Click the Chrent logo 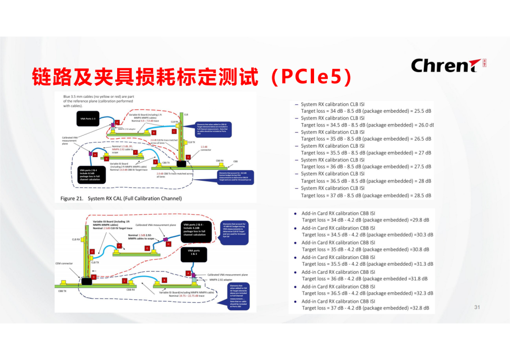(x=442, y=65)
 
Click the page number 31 (x=477, y=307)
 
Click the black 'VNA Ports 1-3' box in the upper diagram (x=87, y=119)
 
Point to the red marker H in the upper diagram (x=95, y=154)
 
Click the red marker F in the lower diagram (x=119, y=245)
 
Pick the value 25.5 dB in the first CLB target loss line (x=421, y=111)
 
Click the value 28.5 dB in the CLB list (x=421, y=195)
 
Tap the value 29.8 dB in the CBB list (x=420, y=220)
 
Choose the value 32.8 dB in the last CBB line (x=420, y=308)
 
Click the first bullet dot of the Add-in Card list (x=295, y=213)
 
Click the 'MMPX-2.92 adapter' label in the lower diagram (x=225, y=280)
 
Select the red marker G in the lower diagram (x=147, y=248)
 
